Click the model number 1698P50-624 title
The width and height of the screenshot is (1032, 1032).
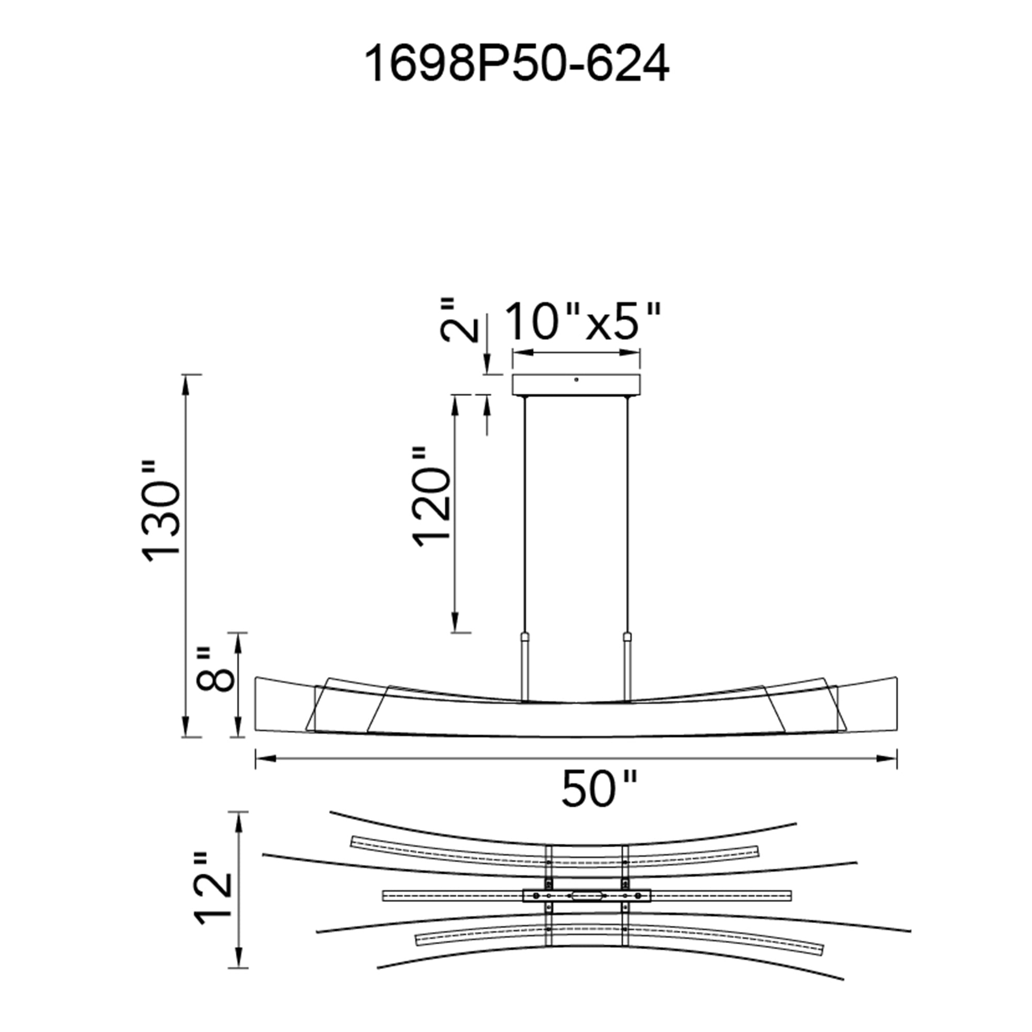click(x=516, y=64)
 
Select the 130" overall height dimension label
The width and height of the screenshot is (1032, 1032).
click(x=162, y=511)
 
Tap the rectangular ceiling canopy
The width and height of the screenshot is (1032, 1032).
click(x=576, y=385)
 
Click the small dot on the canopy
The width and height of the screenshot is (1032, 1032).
click(x=576, y=379)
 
